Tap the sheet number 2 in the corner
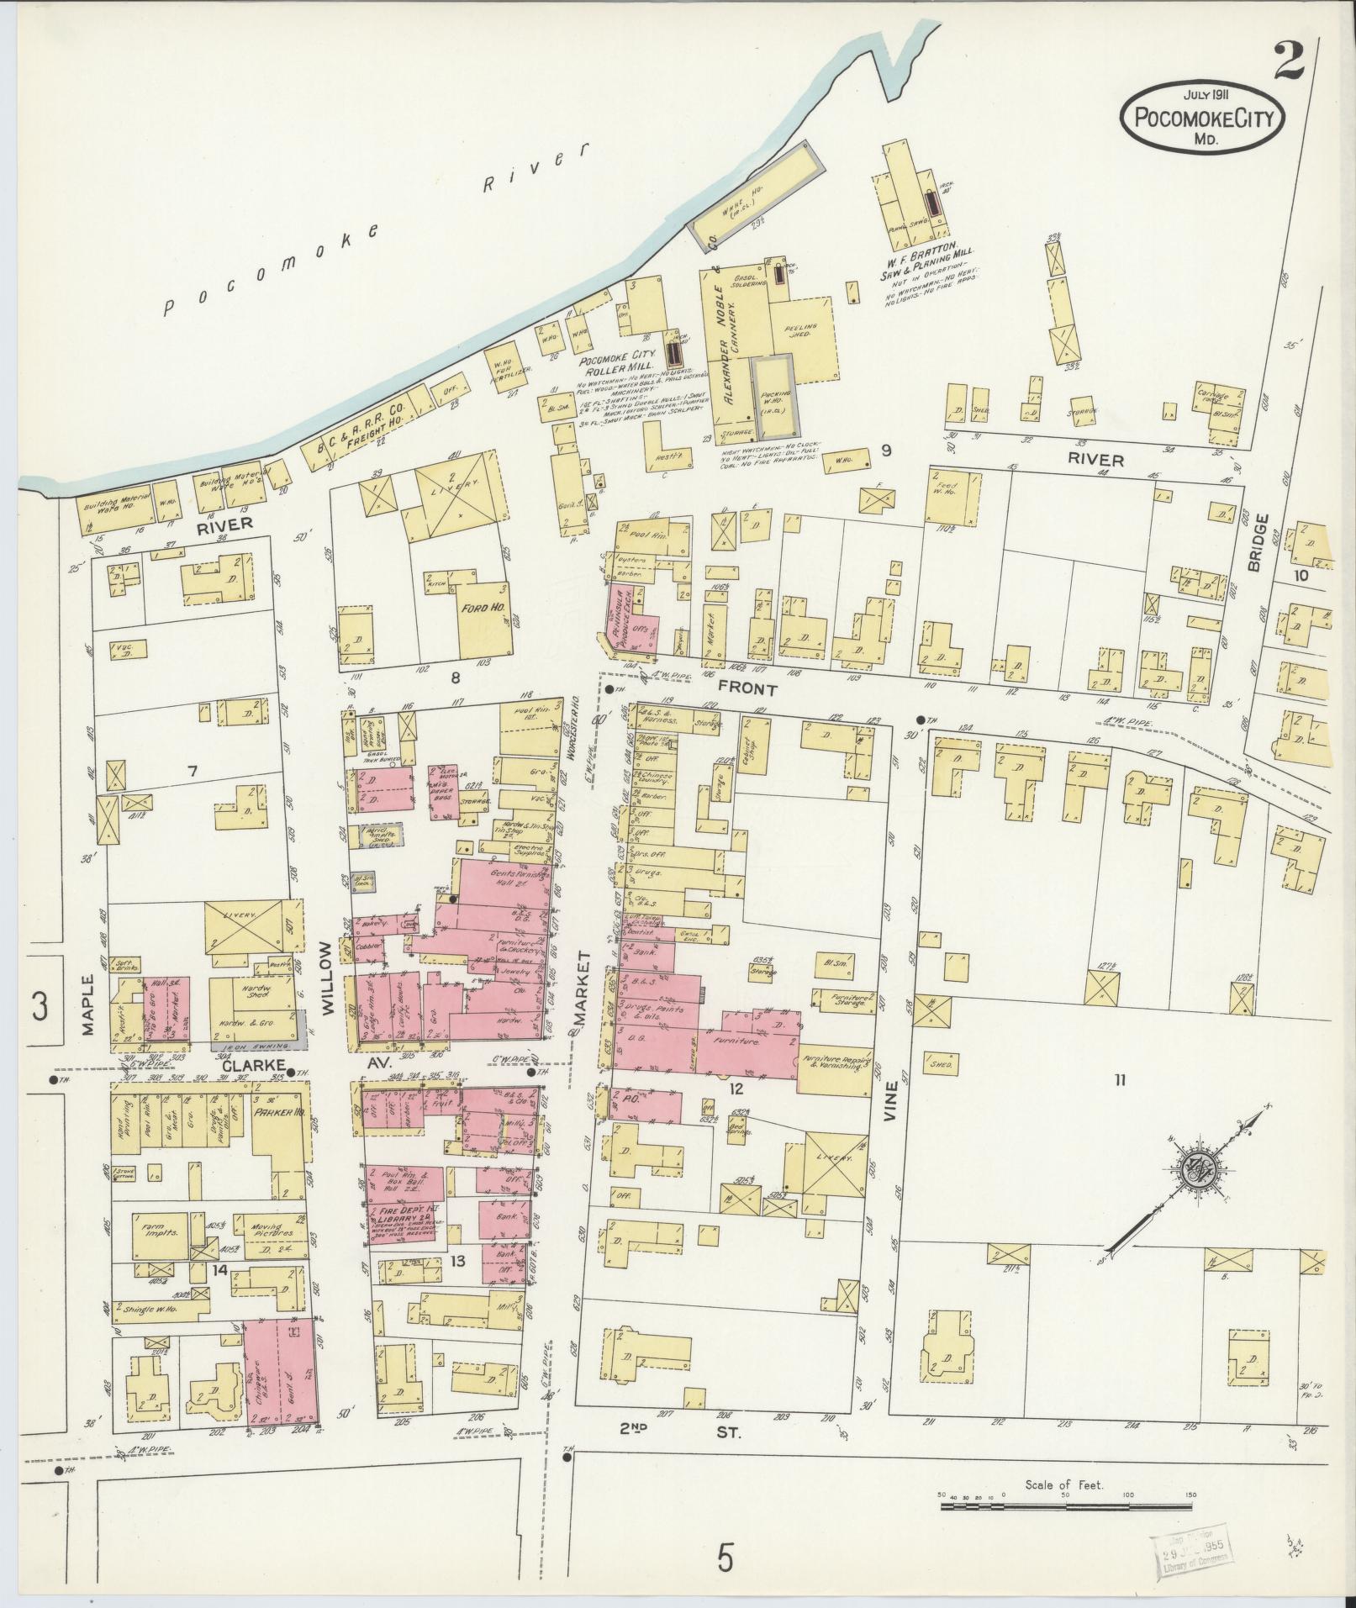click(x=1288, y=61)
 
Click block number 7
click(x=193, y=770)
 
